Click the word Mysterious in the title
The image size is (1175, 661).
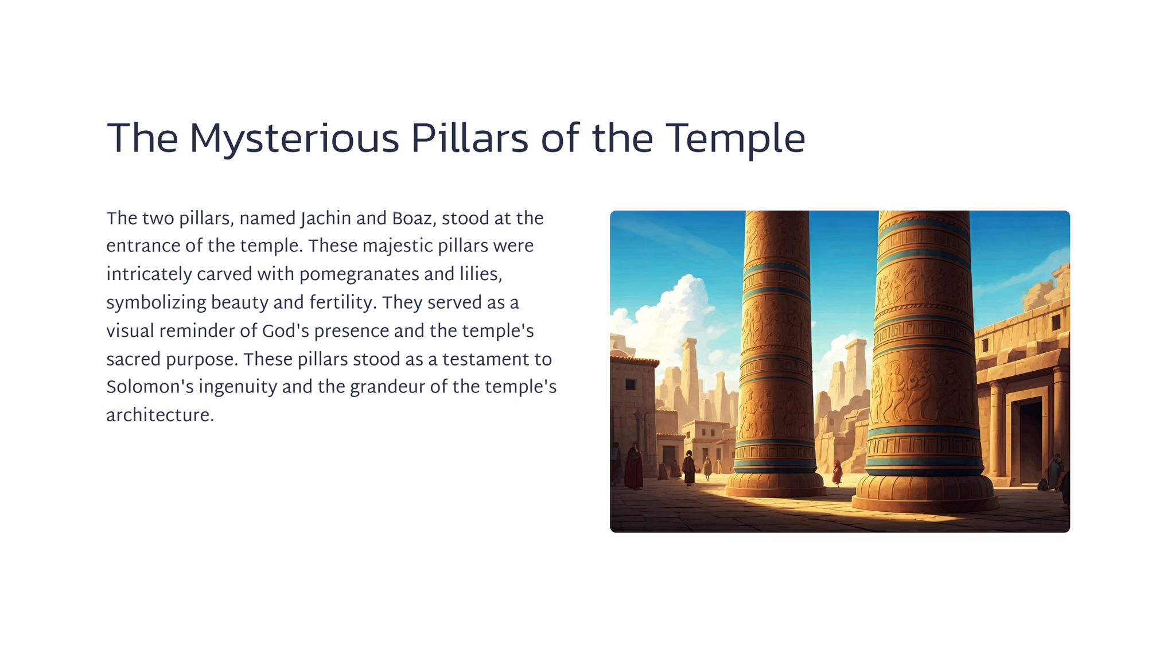294,139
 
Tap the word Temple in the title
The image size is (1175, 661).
736,139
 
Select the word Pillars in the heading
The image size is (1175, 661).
469,138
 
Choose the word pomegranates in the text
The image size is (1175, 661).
359,275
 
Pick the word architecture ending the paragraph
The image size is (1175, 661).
160,415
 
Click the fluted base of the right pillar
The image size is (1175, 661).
923,493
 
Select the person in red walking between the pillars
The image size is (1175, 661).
837,472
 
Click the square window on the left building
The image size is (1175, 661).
630,384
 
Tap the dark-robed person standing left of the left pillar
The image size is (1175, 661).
689,467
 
